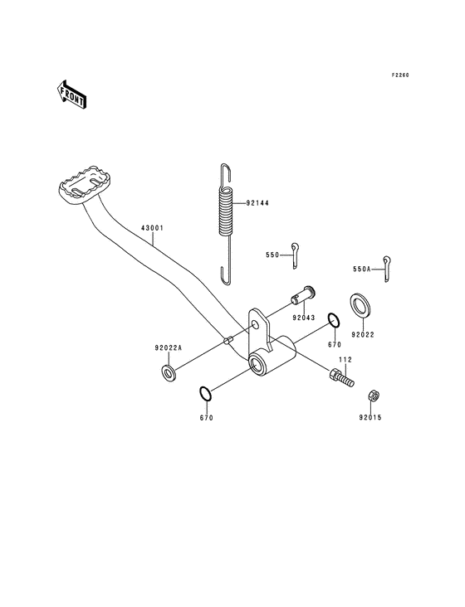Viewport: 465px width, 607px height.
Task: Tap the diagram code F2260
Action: pyautogui.click(x=401, y=75)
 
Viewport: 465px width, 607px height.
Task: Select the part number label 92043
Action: pyautogui.click(x=303, y=317)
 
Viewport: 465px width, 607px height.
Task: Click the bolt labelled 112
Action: pyautogui.click(x=340, y=377)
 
